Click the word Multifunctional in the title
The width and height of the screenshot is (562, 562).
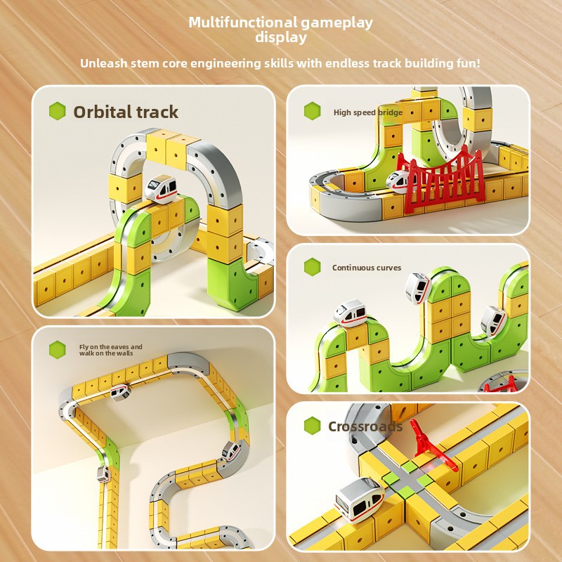[242, 22]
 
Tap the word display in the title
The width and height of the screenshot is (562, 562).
[281, 38]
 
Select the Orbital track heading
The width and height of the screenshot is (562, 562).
[126, 112]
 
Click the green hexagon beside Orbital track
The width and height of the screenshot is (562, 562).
[58, 111]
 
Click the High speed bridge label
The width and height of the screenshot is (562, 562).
[368, 112]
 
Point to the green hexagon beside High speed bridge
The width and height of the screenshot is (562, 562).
[312, 111]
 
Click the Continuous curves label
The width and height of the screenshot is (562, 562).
[367, 268]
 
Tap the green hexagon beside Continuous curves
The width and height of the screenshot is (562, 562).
[312, 267]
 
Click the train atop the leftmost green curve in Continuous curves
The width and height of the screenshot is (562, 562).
[350, 313]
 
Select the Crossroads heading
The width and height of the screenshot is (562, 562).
[365, 426]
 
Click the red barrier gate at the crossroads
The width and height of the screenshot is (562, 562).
[433, 445]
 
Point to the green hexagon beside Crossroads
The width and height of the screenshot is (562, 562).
[312, 426]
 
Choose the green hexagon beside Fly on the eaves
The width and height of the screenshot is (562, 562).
[58, 350]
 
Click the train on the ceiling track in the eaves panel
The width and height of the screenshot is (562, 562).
[119, 393]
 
